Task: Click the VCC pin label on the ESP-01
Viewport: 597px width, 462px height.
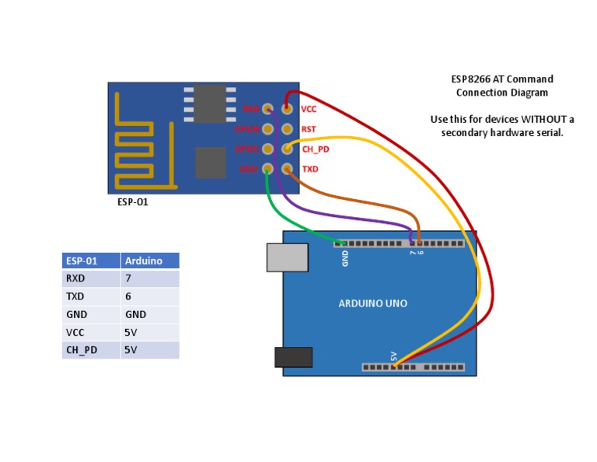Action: point(309,110)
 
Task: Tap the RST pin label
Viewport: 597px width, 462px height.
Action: point(308,129)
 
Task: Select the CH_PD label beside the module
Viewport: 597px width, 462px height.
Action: point(315,149)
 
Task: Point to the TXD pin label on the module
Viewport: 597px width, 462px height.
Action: point(309,169)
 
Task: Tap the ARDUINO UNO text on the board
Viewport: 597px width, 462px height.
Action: point(372,303)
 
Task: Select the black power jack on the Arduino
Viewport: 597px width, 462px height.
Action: point(293,357)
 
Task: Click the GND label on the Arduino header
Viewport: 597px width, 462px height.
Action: point(345,257)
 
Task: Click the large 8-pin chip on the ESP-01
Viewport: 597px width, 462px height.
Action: point(210,103)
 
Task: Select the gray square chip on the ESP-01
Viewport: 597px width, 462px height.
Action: point(210,163)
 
